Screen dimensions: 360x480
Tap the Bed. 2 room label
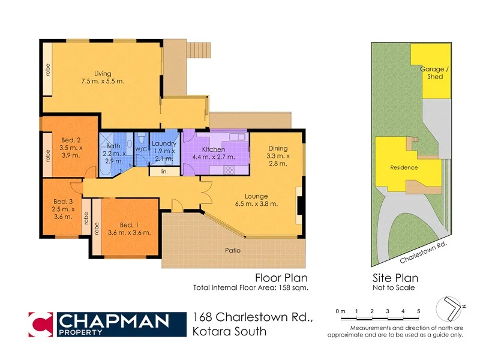point(70,138)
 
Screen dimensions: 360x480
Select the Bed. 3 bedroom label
point(63,201)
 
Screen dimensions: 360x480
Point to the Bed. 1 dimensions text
point(129,232)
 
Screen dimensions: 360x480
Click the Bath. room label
point(114,146)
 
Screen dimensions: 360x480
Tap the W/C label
point(141,149)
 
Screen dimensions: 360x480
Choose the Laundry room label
point(163,143)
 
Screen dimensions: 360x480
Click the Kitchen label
point(213,149)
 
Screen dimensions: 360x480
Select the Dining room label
point(277,148)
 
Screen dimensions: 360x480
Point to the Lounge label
point(256,196)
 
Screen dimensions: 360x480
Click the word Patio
point(232,250)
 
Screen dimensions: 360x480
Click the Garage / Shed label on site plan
point(431,73)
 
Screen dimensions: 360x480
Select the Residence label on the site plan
point(404,167)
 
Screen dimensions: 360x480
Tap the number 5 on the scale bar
point(419,311)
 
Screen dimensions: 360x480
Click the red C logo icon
point(41,324)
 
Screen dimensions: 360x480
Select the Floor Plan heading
point(281,278)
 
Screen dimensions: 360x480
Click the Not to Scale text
point(394,288)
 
